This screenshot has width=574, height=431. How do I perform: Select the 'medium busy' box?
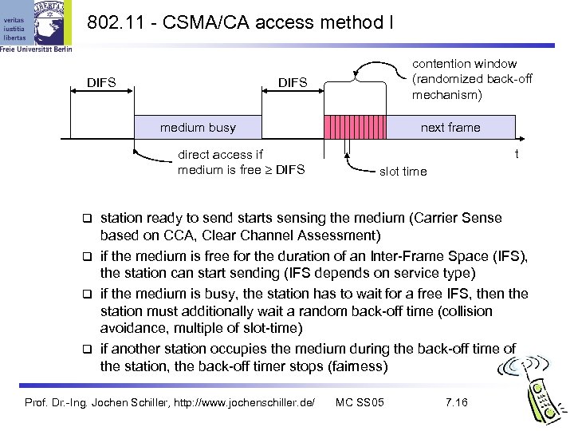click(198, 128)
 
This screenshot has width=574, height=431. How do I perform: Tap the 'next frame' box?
click(450, 128)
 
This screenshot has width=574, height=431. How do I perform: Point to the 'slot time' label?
click(403, 171)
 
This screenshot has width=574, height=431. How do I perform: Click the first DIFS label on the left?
click(101, 81)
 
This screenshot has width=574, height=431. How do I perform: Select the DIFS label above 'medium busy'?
click(292, 82)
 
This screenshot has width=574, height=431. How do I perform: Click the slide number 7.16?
click(456, 401)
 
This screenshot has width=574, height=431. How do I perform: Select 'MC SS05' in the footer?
click(360, 401)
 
